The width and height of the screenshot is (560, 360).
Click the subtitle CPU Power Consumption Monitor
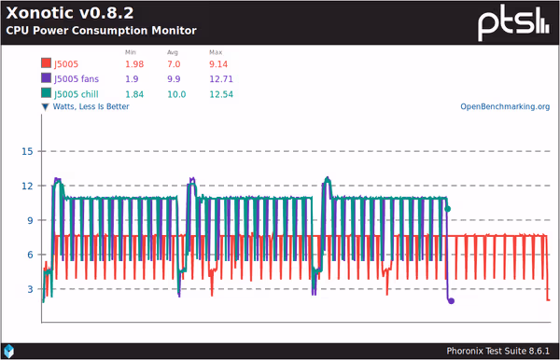(x=101, y=31)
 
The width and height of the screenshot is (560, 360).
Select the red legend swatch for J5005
(x=45, y=64)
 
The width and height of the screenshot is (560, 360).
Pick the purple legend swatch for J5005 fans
(x=45, y=78)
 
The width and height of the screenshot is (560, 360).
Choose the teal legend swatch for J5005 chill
(x=45, y=93)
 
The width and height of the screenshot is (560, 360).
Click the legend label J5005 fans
(x=81, y=78)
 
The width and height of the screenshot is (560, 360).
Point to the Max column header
(x=216, y=52)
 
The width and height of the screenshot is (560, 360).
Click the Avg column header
(x=173, y=52)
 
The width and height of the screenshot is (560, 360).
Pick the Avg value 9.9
(x=175, y=78)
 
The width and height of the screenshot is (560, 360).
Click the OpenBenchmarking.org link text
(x=505, y=106)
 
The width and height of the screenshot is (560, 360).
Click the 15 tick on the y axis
(x=27, y=151)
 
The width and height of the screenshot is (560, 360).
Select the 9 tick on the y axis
(x=30, y=220)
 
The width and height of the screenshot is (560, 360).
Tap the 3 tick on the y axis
(x=30, y=289)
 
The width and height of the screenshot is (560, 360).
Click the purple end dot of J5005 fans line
(x=452, y=301)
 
